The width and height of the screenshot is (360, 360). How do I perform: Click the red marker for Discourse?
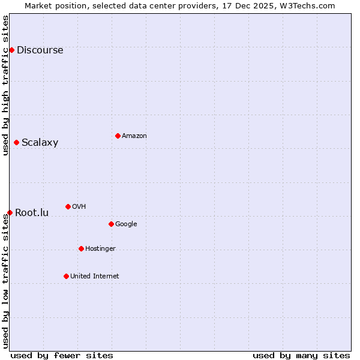(x=11, y=50)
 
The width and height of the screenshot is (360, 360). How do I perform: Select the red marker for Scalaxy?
(x=16, y=142)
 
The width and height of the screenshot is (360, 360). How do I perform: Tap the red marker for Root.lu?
(x=10, y=212)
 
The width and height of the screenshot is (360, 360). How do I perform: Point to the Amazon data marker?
(x=118, y=136)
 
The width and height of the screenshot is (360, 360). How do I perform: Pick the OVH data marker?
(x=68, y=206)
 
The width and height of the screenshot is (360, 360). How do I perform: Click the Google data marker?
(x=111, y=224)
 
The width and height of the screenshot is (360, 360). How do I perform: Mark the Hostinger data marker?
(x=81, y=248)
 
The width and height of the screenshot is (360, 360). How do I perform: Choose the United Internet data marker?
(x=66, y=276)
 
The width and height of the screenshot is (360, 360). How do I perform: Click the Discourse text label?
(x=40, y=50)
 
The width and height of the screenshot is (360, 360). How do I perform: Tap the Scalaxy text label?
(x=40, y=143)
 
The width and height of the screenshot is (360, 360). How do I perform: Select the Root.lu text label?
(x=32, y=213)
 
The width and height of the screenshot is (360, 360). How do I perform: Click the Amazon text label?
(x=134, y=136)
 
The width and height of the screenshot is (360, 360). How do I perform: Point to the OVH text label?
(x=79, y=207)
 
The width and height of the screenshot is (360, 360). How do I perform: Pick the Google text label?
(x=126, y=224)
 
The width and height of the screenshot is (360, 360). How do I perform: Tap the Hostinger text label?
(x=100, y=249)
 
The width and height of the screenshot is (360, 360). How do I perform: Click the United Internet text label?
(x=94, y=277)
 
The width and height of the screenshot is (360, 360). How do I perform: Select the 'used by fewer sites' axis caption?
(x=62, y=355)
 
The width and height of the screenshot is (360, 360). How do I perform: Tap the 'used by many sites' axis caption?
(x=301, y=355)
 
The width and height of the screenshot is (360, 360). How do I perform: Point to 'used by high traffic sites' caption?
(x=5, y=85)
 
